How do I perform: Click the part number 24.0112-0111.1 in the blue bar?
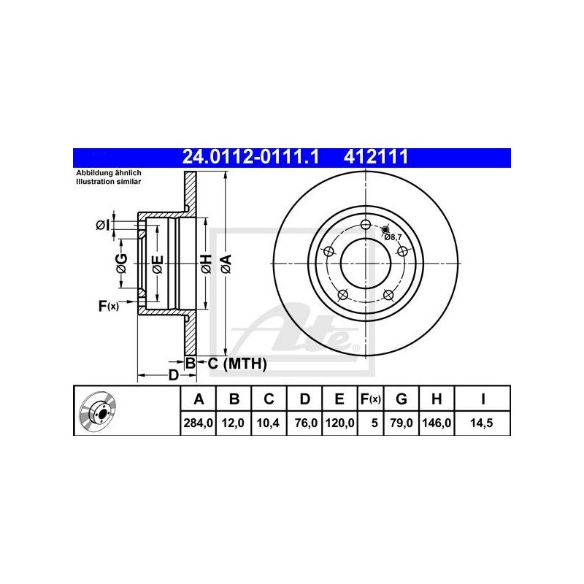tap(250, 157)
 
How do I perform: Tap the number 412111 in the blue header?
tap(376, 157)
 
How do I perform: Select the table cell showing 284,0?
tap(198, 423)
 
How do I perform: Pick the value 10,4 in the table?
tap(268, 423)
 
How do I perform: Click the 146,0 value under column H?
tap(437, 423)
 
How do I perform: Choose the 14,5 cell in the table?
tap(482, 423)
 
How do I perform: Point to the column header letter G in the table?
tap(401, 399)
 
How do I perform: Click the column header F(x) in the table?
tap(370, 399)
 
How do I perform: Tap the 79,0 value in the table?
tap(401, 423)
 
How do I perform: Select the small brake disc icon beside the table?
tap(97, 411)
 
